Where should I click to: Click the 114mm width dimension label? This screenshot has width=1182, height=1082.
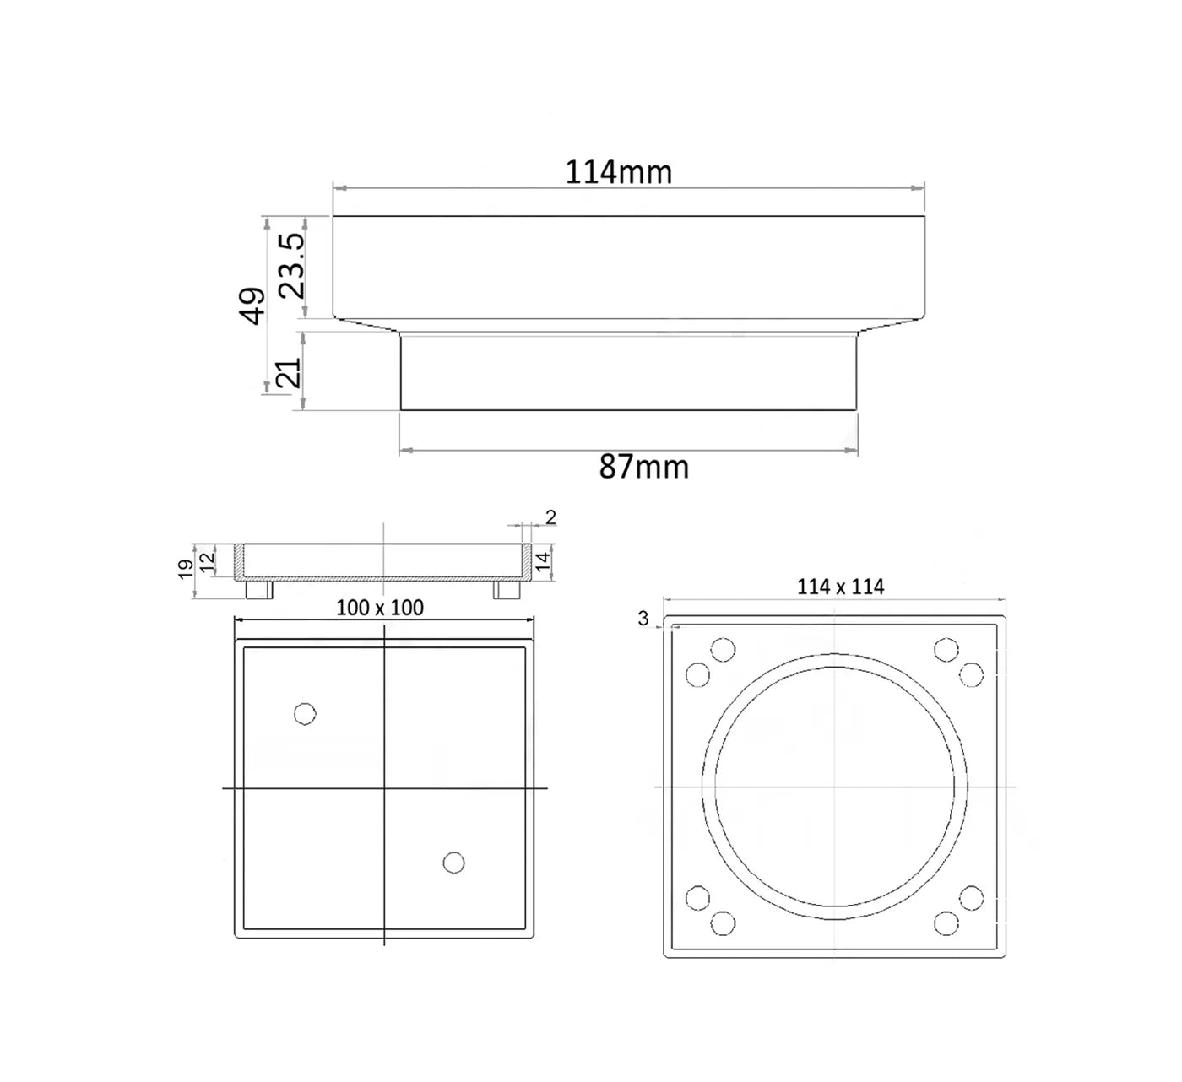[618, 172]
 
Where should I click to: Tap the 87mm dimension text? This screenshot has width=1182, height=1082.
[644, 467]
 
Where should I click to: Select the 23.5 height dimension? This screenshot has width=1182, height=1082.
[292, 265]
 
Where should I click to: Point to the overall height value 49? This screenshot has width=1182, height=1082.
[252, 306]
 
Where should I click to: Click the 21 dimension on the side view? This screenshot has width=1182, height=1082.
[290, 371]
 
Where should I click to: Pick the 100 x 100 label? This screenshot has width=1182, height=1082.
[380, 608]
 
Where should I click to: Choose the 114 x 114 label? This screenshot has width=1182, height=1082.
[840, 587]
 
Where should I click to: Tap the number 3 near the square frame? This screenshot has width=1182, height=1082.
[643, 619]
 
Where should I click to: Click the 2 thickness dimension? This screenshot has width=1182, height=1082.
[550, 517]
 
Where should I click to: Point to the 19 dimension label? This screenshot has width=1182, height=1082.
[185, 570]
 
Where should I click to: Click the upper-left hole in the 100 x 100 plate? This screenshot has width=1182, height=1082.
[305, 714]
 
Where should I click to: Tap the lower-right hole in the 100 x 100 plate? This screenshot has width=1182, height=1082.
[453, 863]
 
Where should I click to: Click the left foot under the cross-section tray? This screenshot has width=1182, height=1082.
[258, 589]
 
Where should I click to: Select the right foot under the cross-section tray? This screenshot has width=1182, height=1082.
[507, 589]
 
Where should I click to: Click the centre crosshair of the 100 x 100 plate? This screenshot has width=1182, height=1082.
[384, 788]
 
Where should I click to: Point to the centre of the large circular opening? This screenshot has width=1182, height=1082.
[835, 787]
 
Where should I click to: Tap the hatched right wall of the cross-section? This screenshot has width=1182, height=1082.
[526, 560]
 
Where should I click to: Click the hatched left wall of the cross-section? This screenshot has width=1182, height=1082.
[238, 560]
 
